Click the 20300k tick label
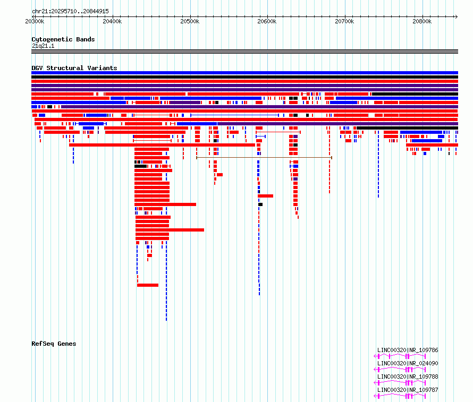pos(35,21)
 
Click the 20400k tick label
pos(112,21)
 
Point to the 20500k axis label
pos(190,21)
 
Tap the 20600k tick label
pos(267,21)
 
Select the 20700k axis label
pos(344,21)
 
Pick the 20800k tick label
pos(422,21)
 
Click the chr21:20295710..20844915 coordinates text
pos(70,12)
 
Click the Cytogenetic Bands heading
pos(63,39)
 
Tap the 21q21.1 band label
pos(43,46)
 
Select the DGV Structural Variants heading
pos(74,68)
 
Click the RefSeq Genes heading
pos(54,344)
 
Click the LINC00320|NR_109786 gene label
pos(408,350)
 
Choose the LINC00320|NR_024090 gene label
pos(408,363)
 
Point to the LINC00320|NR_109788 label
pos(408,377)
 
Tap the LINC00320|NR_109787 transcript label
pos(408,390)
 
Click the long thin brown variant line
pos(264,158)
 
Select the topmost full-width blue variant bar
pos(244,73)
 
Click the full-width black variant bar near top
pos(244,77)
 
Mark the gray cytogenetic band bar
pos(244,52)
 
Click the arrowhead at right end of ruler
pos(457,16)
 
